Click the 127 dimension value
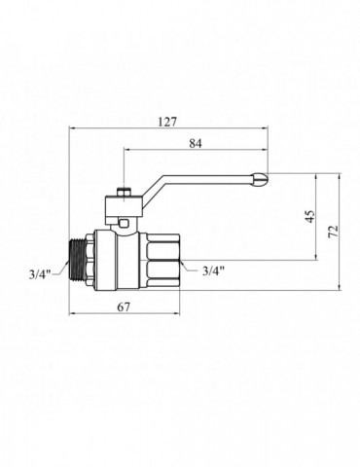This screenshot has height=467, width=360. pyautogui.click(x=167, y=122)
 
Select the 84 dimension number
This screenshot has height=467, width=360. pyautogui.click(x=196, y=143)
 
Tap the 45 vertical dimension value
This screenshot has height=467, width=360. pyautogui.click(x=310, y=217)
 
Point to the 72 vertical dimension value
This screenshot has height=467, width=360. pyautogui.click(x=333, y=232)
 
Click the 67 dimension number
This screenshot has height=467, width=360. pyautogui.click(x=124, y=306)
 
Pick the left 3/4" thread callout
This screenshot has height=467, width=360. pyautogui.click(x=40, y=274)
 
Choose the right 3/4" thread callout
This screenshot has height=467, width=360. pyautogui.click(x=213, y=270)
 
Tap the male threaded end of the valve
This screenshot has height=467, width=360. pyautogui.click(x=78, y=260)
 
